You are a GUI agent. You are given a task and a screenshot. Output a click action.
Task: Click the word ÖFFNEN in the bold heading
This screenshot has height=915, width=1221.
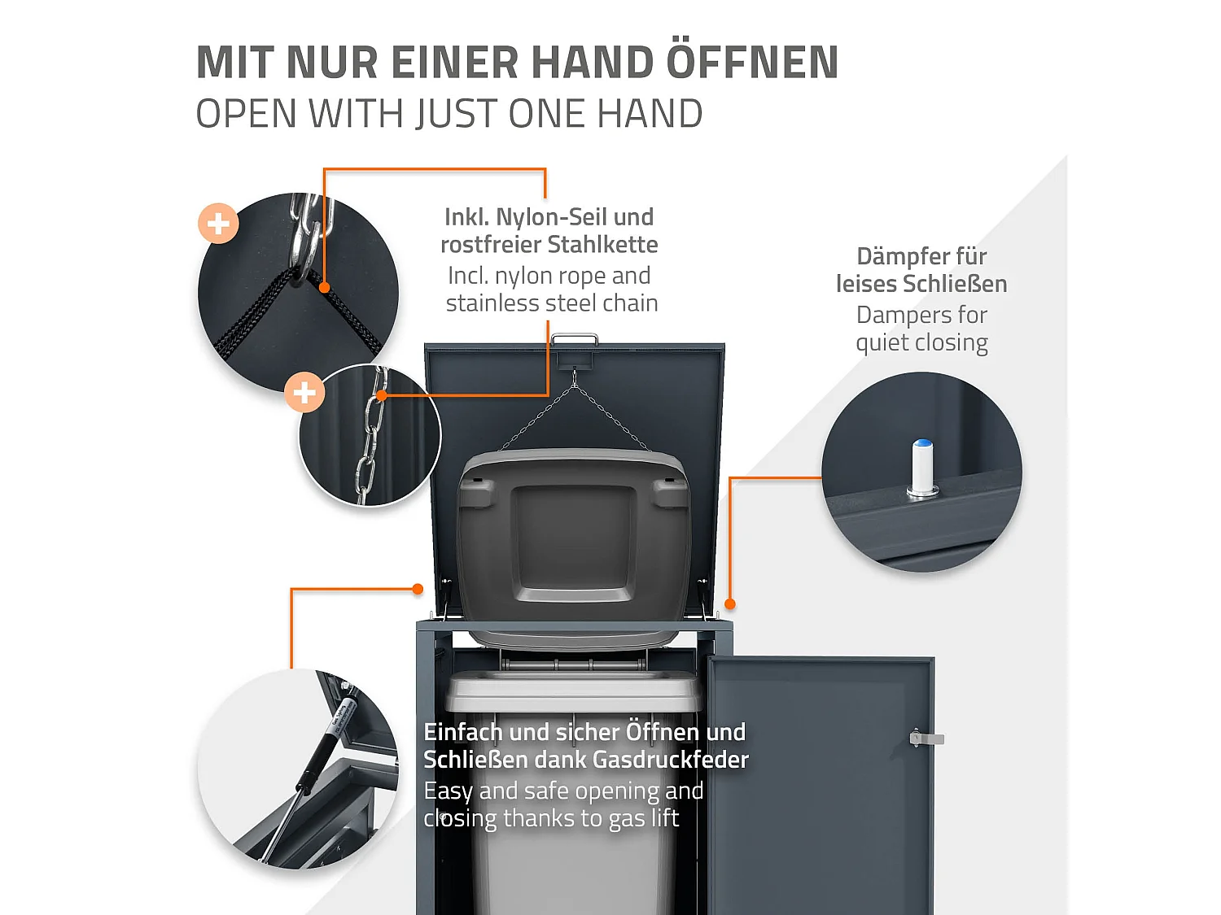(x=753, y=63)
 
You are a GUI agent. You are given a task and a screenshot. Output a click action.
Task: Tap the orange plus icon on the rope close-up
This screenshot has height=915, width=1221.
(x=218, y=223)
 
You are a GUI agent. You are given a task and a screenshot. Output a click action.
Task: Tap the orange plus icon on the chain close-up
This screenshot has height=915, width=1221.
(x=304, y=393)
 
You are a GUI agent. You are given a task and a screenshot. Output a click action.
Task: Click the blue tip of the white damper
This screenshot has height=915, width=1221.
(x=922, y=444)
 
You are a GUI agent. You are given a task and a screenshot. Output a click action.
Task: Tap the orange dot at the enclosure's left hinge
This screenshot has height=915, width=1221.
(x=418, y=589)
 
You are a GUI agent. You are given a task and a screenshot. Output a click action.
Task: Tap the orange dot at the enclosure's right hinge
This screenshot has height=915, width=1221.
(x=730, y=603)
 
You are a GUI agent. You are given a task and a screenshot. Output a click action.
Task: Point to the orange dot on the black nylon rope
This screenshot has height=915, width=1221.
(x=324, y=287)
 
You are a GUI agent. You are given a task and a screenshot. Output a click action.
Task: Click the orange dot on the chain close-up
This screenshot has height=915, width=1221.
(x=381, y=395)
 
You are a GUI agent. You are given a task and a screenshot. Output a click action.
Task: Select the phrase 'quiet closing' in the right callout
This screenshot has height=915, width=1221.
(x=921, y=342)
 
